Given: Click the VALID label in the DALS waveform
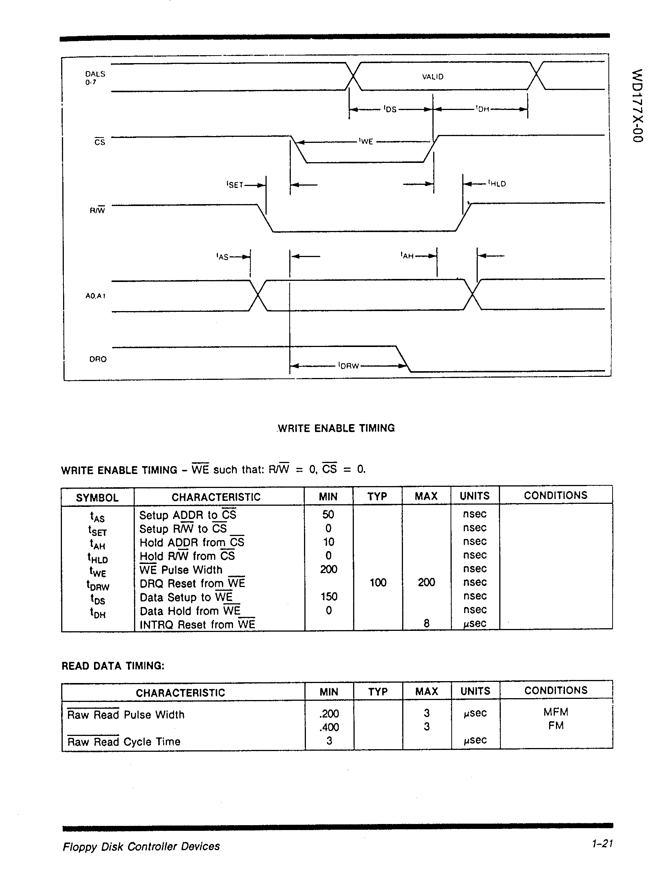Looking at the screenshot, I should coord(432,77).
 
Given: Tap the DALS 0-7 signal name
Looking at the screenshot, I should coord(95,78).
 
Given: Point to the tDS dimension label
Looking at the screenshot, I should coord(390,109).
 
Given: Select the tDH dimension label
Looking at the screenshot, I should coord(483,109).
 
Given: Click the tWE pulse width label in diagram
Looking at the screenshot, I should coord(366,141).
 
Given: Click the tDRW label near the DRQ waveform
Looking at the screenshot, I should coord(349,366).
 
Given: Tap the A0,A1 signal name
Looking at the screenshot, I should coord(95,296).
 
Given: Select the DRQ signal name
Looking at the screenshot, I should coord(98,359).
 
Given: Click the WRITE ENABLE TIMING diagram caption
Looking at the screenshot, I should coord(336,428).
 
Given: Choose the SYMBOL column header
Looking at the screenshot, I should coord(97,498).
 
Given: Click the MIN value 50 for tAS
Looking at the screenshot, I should coord(328,515).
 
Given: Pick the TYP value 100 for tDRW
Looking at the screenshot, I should coord(378,583).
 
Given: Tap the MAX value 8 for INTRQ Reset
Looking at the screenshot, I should coord(426,623).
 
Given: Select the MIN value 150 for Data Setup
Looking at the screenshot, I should coord(329,596).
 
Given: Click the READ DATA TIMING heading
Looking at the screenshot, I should coord(113,666).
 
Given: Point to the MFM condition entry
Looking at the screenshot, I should coord(556,712).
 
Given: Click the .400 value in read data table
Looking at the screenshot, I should coord(329,727).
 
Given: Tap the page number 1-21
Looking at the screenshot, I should coord(602,843).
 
